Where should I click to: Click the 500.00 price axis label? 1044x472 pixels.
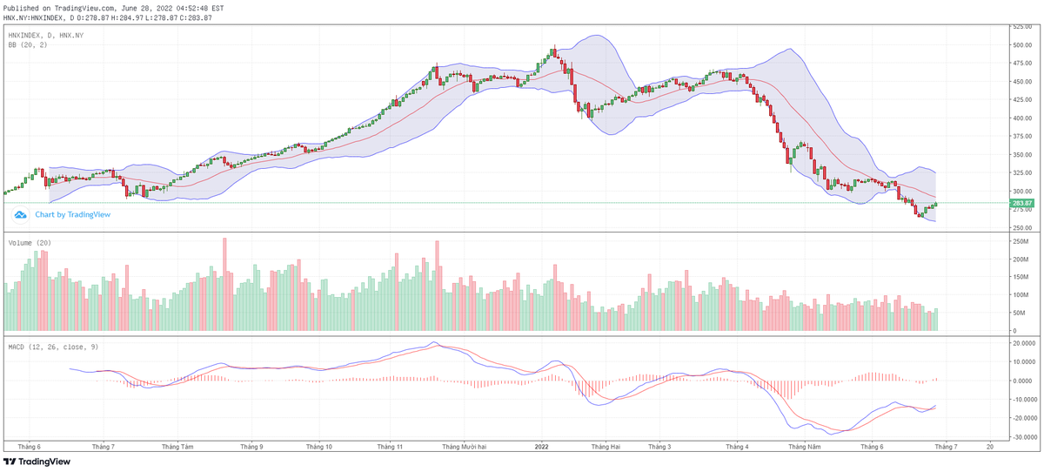coord(1021,44)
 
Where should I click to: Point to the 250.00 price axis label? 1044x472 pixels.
coord(1021,228)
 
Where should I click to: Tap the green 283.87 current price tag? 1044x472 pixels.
coord(1021,203)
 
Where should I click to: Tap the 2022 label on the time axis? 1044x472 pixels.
coord(541,447)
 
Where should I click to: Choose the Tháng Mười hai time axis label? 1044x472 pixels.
coord(464,447)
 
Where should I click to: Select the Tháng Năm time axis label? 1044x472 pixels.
coord(804,447)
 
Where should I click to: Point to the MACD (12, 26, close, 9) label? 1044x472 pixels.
coord(53,347)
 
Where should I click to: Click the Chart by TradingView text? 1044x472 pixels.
coord(72,214)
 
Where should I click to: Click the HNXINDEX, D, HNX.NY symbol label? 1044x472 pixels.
coord(45,35)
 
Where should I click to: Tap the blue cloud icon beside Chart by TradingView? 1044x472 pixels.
coord(21,214)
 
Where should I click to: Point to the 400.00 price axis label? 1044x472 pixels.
coord(1021,118)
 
